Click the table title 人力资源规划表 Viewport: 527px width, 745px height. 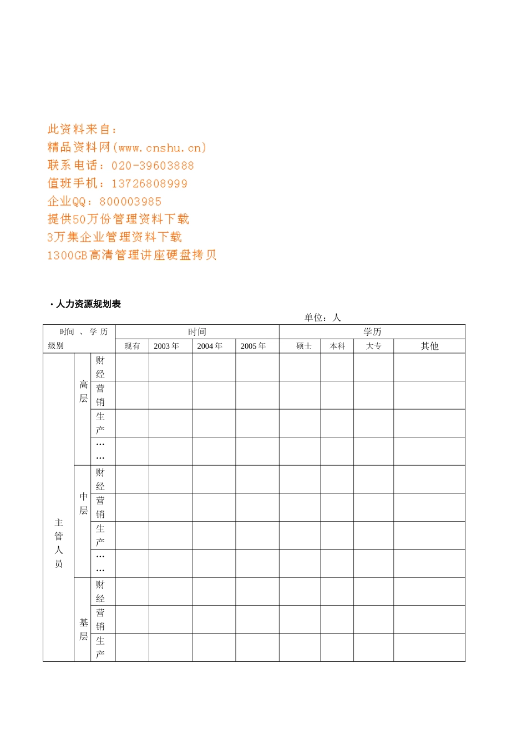pyautogui.click(x=88, y=304)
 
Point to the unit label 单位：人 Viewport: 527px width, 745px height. pyautogui.click(x=322, y=318)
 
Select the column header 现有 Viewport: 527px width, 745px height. pyautogui.click(x=132, y=346)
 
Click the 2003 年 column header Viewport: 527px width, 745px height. pyautogui.click(x=166, y=346)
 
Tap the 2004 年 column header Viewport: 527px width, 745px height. pyautogui.click(x=210, y=346)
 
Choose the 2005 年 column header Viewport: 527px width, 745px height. pyautogui.click(x=253, y=346)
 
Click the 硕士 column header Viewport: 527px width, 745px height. pyautogui.click(x=304, y=346)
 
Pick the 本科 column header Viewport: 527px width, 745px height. pyautogui.click(x=337, y=346)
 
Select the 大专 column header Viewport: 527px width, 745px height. pyautogui.click(x=373, y=346)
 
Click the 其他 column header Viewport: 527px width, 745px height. pyautogui.click(x=429, y=346)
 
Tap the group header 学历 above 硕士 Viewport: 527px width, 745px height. pyautogui.click(x=372, y=331)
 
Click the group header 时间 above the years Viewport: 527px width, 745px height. pyautogui.click(x=197, y=331)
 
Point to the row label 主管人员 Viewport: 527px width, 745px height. pyautogui.click(x=59, y=543)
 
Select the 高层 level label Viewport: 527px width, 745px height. pyautogui.click(x=83, y=391)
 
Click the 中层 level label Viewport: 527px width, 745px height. pyautogui.click(x=83, y=503)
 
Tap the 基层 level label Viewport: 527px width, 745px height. pyautogui.click(x=83, y=629)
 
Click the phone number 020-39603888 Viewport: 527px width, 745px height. pyautogui.click(x=153, y=166)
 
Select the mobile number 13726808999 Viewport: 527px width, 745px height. pyautogui.click(x=149, y=183)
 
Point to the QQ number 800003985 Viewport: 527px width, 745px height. pyautogui.click(x=130, y=202)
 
